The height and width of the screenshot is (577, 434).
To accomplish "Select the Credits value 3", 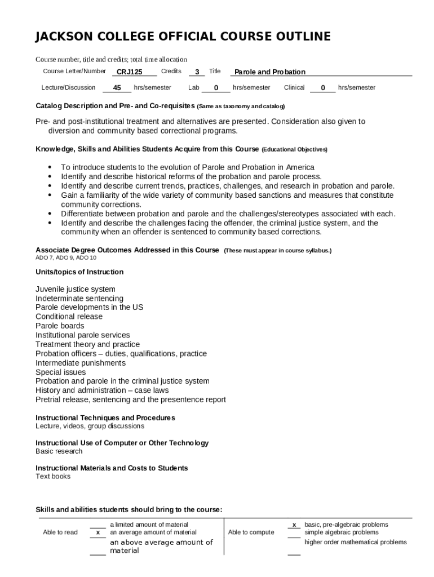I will click(x=197, y=72).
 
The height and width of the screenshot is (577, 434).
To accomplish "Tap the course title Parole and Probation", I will click(x=270, y=72).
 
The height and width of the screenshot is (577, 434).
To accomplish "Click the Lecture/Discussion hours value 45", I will click(x=117, y=88).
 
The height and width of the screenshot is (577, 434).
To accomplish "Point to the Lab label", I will click(x=194, y=87).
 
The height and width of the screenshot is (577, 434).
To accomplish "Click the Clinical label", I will click(x=294, y=87).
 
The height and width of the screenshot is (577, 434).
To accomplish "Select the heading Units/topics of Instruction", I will click(x=79, y=272).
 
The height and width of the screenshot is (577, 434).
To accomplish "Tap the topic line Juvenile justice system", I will click(x=76, y=289).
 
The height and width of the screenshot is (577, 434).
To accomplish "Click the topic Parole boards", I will click(x=60, y=326).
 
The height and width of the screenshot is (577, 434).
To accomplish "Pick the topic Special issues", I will click(x=61, y=372).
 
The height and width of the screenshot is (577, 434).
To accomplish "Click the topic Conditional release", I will click(x=69, y=317).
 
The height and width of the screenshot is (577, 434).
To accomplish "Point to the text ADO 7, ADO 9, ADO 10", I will click(x=66, y=258).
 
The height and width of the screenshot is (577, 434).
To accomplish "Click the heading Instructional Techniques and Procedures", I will click(x=105, y=418).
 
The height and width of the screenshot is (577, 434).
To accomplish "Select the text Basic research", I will click(x=59, y=451).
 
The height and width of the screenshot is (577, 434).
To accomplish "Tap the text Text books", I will click(x=53, y=477).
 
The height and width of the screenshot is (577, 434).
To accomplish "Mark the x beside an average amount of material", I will click(x=98, y=532).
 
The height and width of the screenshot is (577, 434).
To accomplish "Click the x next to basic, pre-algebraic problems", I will click(x=294, y=525).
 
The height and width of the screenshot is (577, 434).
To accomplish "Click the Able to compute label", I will click(x=251, y=532).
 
